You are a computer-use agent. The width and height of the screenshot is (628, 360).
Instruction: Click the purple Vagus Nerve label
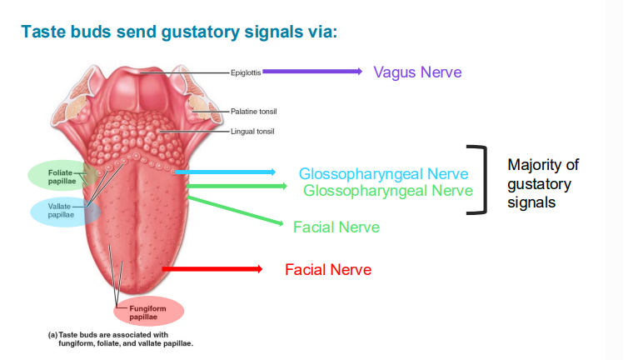[x=417, y=72]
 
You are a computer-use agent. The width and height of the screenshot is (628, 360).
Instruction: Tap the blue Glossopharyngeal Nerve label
[x=383, y=174]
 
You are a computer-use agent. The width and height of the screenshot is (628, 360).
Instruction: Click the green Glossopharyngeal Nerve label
[x=388, y=192]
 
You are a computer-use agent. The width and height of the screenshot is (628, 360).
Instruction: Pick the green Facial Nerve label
[x=336, y=227]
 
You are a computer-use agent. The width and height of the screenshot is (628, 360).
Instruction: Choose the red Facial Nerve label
[x=328, y=270]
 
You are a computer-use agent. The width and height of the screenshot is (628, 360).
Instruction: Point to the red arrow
[x=212, y=269]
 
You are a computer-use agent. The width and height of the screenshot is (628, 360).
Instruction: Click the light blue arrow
[x=225, y=172]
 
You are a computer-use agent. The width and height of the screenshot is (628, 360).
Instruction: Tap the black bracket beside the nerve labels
[x=478, y=180]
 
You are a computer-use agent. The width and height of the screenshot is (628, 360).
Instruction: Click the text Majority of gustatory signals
[x=542, y=183]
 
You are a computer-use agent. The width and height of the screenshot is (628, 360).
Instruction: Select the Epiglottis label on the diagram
[x=246, y=72]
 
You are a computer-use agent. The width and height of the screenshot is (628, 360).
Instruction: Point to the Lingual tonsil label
[x=252, y=131]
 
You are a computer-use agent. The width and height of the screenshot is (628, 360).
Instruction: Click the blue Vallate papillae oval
[x=63, y=212]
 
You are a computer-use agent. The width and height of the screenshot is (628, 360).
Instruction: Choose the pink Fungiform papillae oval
[x=147, y=312]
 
